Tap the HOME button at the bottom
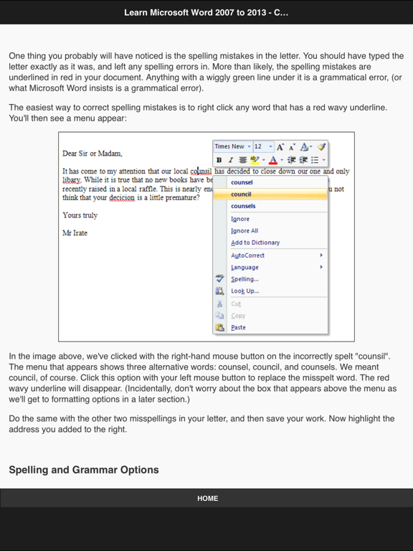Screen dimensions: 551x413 (207, 498)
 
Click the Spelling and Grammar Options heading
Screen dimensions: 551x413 (84, 470)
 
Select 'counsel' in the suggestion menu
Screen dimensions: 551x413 (242, 182)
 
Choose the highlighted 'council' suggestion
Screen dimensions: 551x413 (242, 194)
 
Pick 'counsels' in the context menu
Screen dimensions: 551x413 (243, 207)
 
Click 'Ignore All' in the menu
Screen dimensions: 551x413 (245, 231)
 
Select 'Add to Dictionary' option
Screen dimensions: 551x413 (255, 242)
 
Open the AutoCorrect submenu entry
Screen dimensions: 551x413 (248, 255)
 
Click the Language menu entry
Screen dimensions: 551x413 (245, 267)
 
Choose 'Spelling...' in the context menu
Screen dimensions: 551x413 (245, 279)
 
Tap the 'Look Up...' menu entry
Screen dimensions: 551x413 (245, 291)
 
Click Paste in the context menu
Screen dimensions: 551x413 (238, 327)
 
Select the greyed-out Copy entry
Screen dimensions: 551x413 (238, 316)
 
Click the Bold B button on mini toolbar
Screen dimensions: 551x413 (219, 160)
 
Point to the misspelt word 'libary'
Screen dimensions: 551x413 (72, 180)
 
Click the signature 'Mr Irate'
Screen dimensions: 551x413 (75, 233)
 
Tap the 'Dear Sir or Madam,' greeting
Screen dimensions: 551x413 (92, 154)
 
